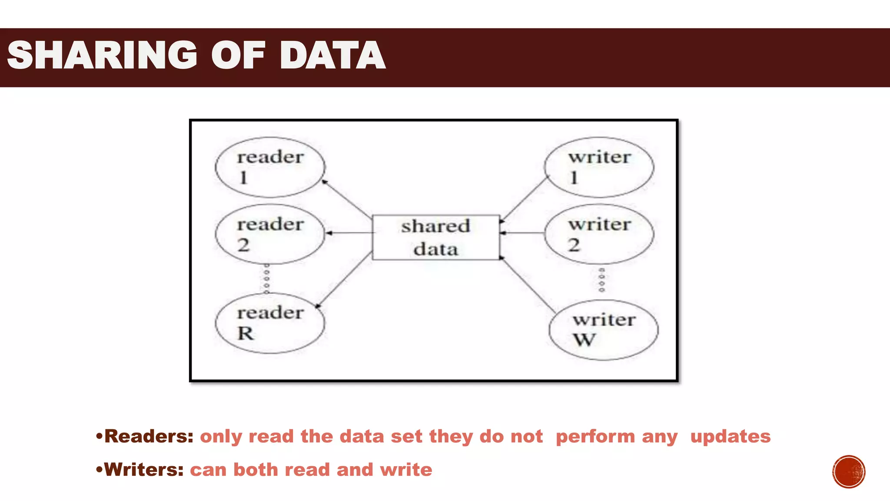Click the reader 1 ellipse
(270, 167)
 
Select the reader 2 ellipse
(270, 234)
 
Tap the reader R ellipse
(270, 323)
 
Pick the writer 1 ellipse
(599, 167)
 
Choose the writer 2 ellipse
(599, 234)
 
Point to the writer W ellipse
(604, 330)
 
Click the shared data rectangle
(436, 237)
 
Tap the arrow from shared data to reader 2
(350, 233)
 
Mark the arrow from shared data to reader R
(344, 279)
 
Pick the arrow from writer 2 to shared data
(522, 233)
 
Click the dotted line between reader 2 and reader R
(267, 278)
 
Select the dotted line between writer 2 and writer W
(602, 280)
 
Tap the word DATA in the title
(332, 55)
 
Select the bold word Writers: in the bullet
(144, 470)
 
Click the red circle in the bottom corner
(849, 472)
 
